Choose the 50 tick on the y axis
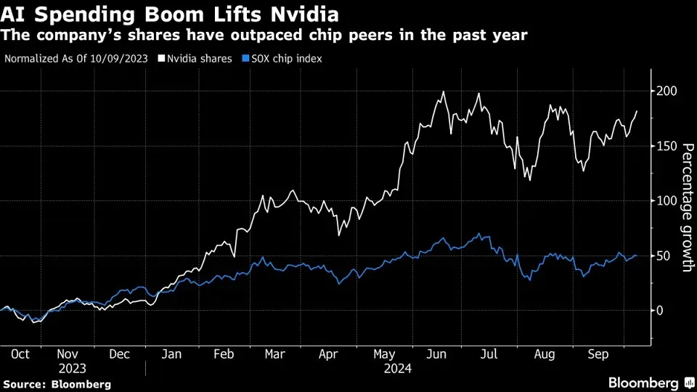point(664,256)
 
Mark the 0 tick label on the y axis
point(661,311)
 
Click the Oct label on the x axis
point(20,354)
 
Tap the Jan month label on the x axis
point(171,354)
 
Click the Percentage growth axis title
point(685,208)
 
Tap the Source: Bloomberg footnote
point(57,383)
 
